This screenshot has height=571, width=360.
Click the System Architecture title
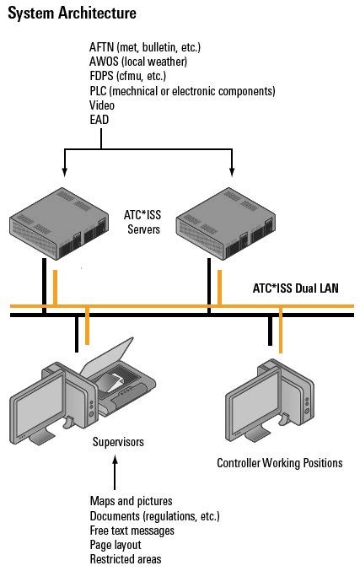coord(72,13)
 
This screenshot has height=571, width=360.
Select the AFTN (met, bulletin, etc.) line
coord(145,47)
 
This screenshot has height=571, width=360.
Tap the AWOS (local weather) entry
coord(138,62)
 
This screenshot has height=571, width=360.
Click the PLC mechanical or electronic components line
coord(182,91)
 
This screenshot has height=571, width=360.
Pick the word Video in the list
coord(102,105)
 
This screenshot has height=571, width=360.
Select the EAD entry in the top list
coord(99,121)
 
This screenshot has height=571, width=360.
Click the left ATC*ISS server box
coord(62,224)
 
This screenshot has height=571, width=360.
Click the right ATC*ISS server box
coord(229,224)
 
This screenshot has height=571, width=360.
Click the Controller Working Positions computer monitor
coord(251,403)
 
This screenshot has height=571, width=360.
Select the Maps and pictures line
coord(131,501)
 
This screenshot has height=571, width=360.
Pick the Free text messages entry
coord(132,531)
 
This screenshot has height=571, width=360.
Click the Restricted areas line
coord(125,559)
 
